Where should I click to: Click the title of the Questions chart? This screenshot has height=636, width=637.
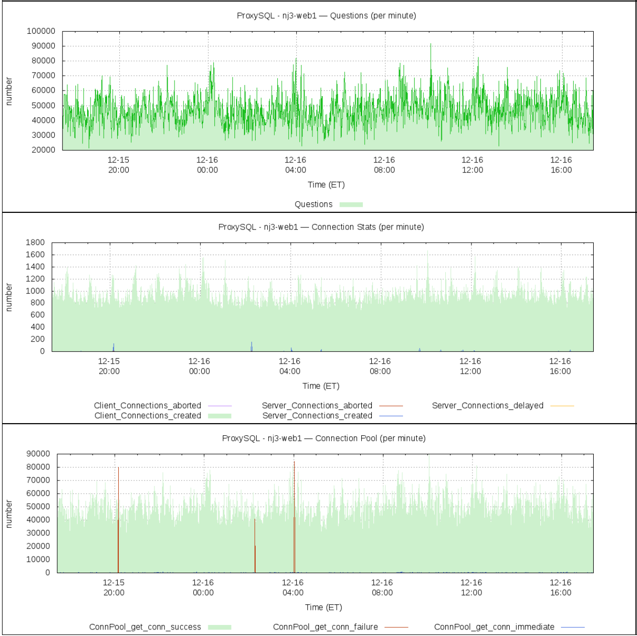(x=326, y=16)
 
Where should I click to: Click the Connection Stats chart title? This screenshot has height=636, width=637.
(x=321, y=227)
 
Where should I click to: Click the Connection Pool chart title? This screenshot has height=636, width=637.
(x=324, y=438)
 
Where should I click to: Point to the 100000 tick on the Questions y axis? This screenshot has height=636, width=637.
(x=41, y=31)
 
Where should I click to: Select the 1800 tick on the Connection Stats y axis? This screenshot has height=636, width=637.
(x=35, y=243)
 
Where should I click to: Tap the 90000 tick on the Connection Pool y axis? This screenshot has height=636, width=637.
(x=38, y=454)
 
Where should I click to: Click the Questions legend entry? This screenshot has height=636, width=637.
(x=313, y=204)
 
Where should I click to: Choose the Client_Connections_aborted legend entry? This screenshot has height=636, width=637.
(x=147, y=406)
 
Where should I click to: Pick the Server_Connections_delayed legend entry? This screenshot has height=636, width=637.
(x=488, y=406)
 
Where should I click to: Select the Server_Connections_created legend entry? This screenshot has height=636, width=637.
(x=317, y=416)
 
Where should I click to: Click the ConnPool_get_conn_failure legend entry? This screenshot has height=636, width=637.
(x=326, y=627)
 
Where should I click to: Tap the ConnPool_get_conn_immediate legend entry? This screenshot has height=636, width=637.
(x=494, y=627)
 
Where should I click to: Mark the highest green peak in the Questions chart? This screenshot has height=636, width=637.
(x=431, y=45)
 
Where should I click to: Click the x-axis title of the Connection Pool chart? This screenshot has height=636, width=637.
(x=324, y=607)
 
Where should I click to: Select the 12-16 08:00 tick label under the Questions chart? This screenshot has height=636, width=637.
(x=384, y=165)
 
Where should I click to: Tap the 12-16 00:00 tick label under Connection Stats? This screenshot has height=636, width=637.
(x=199, y=366)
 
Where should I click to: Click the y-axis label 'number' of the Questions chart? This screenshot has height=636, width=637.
(x=9, y=91)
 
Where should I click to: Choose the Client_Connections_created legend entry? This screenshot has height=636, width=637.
(x=147, y=416)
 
